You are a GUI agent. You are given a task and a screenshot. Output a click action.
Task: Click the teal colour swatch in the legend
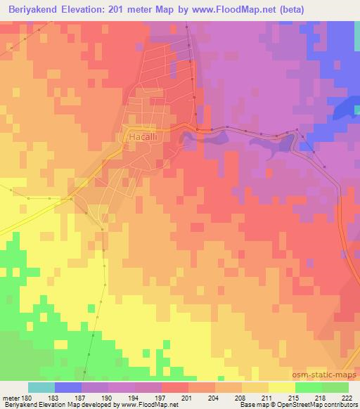41,387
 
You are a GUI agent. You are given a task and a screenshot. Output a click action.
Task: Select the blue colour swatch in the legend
68,387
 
